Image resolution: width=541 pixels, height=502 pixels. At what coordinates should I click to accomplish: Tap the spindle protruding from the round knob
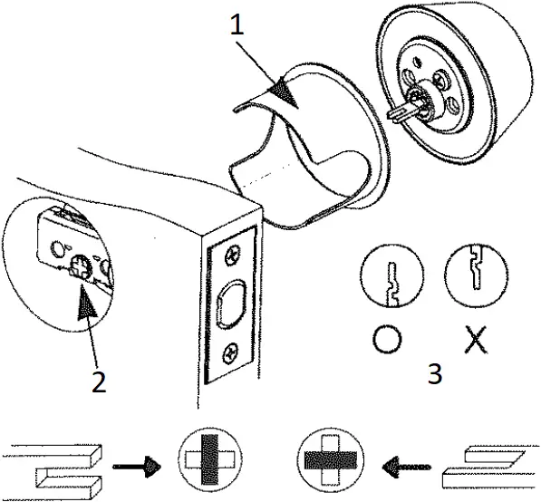(406, 112)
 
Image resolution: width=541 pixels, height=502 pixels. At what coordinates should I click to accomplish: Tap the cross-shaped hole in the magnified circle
(79, 267)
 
